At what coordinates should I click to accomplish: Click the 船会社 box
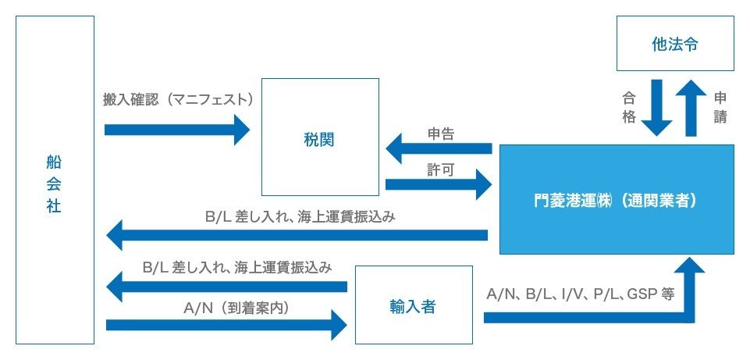click(55, 180)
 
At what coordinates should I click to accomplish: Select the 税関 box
click(320, 137)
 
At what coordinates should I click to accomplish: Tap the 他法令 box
click(675, 44)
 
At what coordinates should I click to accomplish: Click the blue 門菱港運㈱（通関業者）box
click(617, 199)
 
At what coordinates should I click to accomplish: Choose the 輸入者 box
click(414, 305)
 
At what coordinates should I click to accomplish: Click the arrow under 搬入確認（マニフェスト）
click(176, 129)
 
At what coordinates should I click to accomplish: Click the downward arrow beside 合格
click(655, 108)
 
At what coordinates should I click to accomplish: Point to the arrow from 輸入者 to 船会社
click(226, 287)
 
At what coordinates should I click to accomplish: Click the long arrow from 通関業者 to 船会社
click(297, 234)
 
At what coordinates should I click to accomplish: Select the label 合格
click(629, 108)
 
